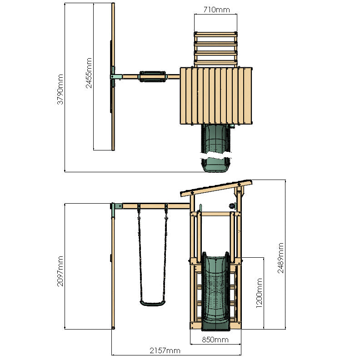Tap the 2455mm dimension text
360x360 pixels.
pyautogui.click(x=89, y=73)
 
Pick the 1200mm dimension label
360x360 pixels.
pyautogui.click(x=259, y=293)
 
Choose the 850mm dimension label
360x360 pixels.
pyautogui.click(x=215, y=340)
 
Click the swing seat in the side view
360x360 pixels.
pyautogui.click(x=152, y=303)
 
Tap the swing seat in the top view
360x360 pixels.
pyautogui.click(x=152, y=76)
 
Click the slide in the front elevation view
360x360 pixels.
pyautogui.click(x=214, y=291)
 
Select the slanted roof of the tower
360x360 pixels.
pyautogui.click(x=216, y=187)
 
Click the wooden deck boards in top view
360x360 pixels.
pyautogui.click(x=216, y=95)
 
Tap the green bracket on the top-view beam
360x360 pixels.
pyautogui.click(x=114, y=76)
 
